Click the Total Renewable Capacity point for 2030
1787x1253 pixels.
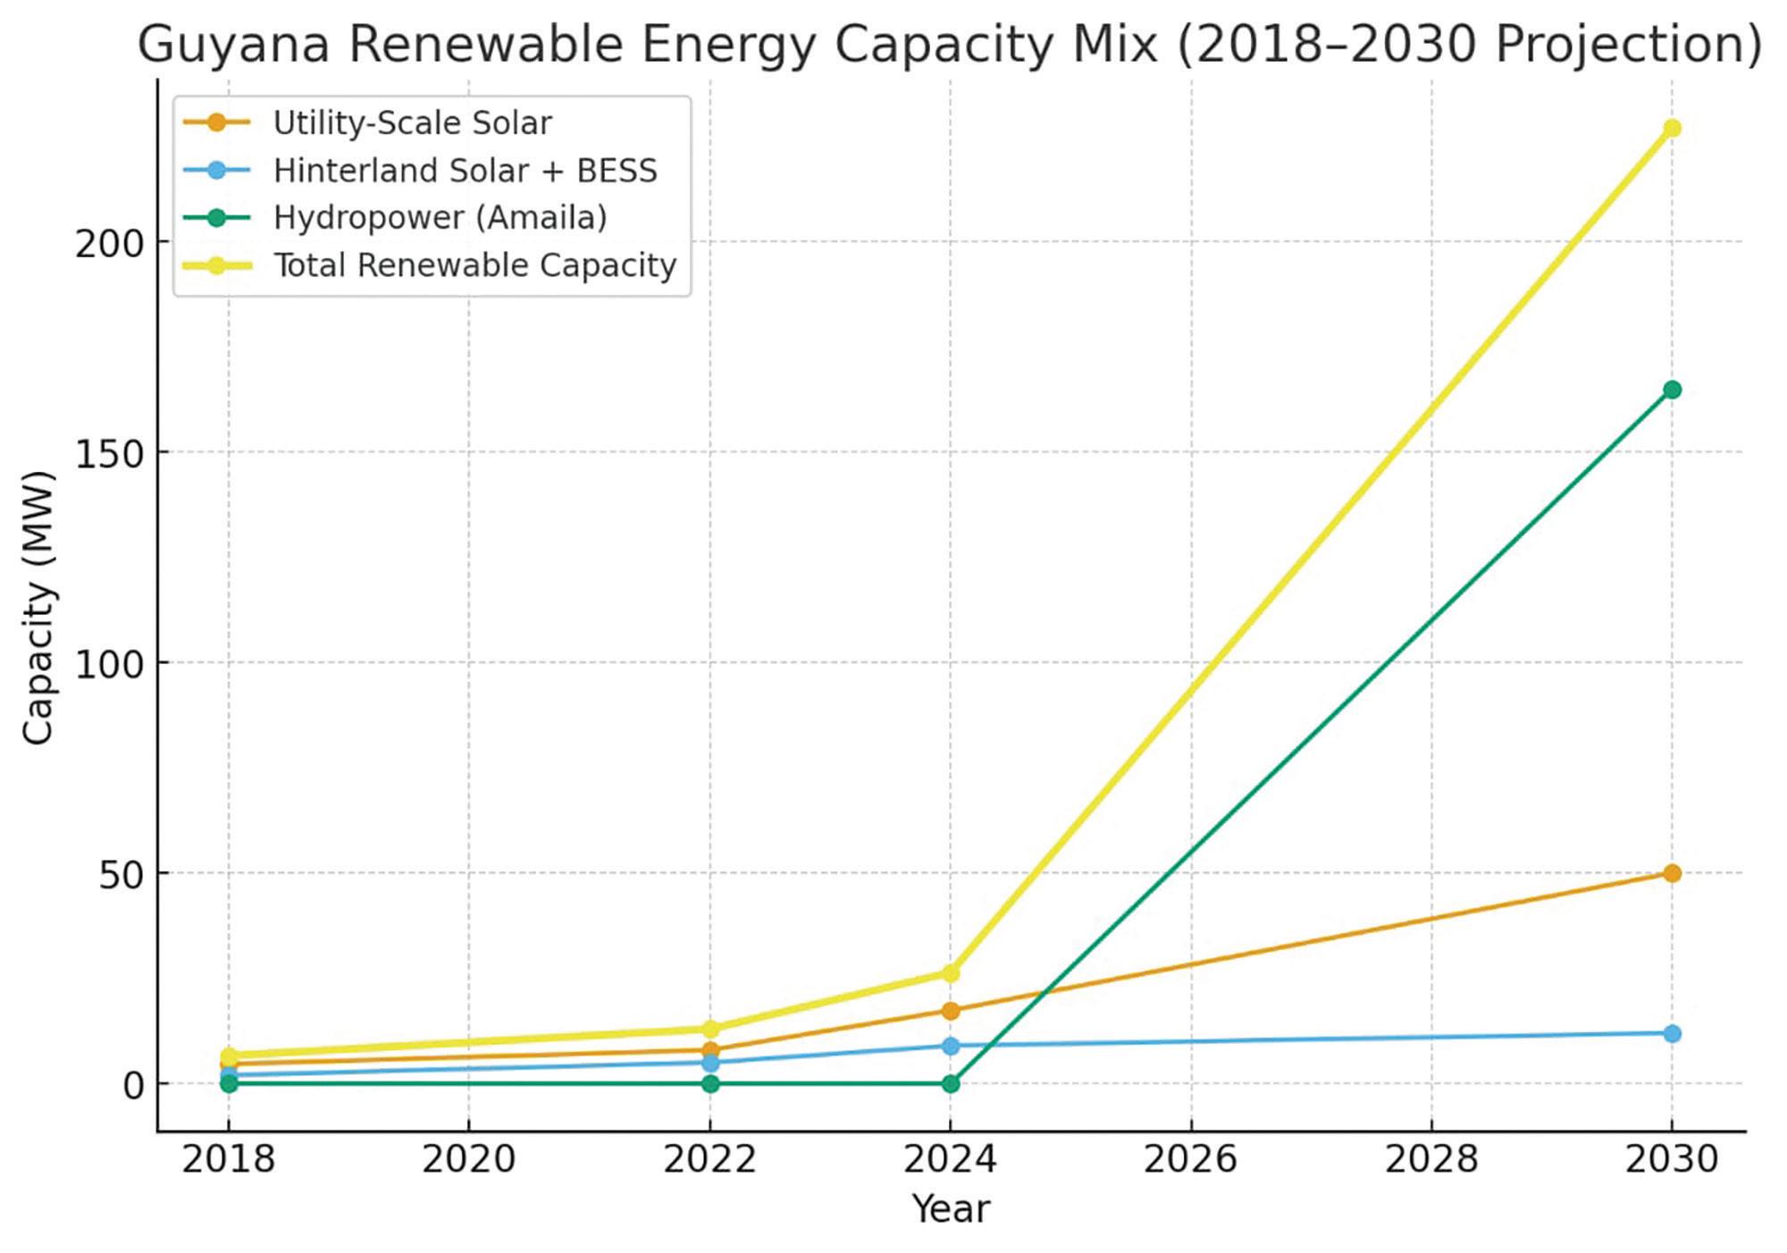(x=1671, y=129)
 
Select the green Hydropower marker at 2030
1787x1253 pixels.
(x=1671, y=390)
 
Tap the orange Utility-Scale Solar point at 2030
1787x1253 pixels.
(x=1671, y=873)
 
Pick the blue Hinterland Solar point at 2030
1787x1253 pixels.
(x=1671, y=1033)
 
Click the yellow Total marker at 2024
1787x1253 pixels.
(x=950, y=973)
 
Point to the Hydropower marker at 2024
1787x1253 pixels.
(x=950, y=1083)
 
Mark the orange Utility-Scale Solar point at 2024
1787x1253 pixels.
(x=950, y=1011)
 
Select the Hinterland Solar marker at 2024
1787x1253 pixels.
(x=950, y=1046)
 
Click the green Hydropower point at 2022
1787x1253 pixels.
(x=709, y=1083)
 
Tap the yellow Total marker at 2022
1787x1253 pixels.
(x=709, y=1029)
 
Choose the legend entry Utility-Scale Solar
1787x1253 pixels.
(x=412, y=122)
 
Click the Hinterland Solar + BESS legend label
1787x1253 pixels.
(x=465, y=170)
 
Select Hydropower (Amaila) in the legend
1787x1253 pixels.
(x=440, y=217)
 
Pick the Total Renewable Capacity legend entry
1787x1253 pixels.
(x=474, y=265)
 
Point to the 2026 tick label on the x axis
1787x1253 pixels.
(x=1190, y=1160)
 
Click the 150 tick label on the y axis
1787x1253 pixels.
(x=110, y=453)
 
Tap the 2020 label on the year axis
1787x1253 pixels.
(x=468, y=1160)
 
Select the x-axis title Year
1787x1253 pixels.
(x=950, y=1209)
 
